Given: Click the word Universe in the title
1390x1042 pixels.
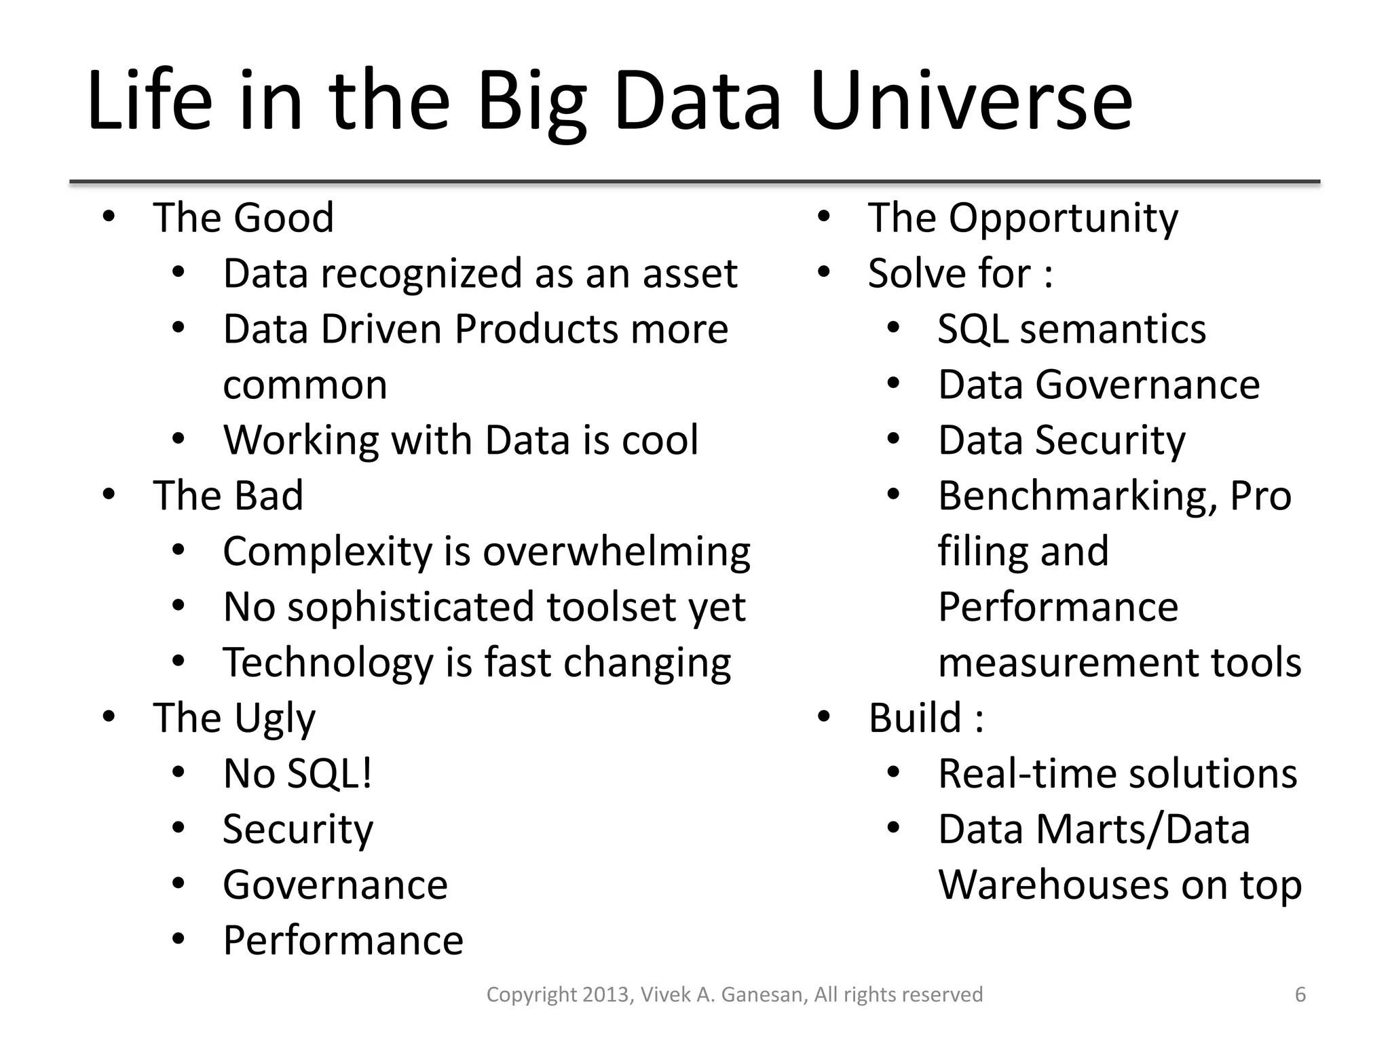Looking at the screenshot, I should pyautogui.click(x=971, y=102).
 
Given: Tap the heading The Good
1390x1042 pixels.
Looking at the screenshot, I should pyautogui.click(x=243, y=218).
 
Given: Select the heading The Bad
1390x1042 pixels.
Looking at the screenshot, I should pyautogui.click(x=227, y=496).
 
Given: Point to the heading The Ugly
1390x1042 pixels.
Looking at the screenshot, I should pyautogui.click(x=234, y=718).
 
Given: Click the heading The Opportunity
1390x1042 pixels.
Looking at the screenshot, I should pyautogui.click(x=1023, y=218).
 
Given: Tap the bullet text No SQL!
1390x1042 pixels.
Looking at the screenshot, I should pyautogui.click(x=297, y=773).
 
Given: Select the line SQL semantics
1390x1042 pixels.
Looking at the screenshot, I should pyautogui.click(x=1072, y=329).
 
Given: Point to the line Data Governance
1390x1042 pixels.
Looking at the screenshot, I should pyautogui.click(x=1098, y=385).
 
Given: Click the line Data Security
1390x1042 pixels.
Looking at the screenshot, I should pyautogui.click(x=1062, y=440).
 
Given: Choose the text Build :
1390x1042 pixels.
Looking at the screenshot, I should pyautogui.click(x=926, y=718).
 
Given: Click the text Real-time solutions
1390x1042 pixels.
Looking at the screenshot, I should pyautogui.click(x=1117, y=773).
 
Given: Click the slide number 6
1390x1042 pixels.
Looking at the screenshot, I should pyautogui.click(x=1300, y=995).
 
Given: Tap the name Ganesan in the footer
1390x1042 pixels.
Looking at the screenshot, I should pyautogui.click(x=764, y=995).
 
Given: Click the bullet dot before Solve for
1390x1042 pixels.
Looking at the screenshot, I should pyautogui.click(x=824, y=273).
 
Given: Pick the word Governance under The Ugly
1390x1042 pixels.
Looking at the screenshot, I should pyautogui.click(x=335, y=885).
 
